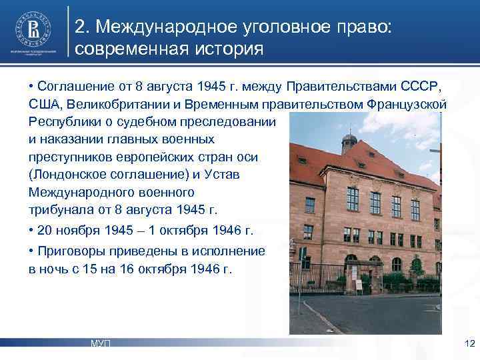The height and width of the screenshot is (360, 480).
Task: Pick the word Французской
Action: coord(407,105)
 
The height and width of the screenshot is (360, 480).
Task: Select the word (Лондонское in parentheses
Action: coord(67,175)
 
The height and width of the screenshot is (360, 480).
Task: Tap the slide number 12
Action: coord(469,343)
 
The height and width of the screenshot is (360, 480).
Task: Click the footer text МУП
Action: coord(101,343)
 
